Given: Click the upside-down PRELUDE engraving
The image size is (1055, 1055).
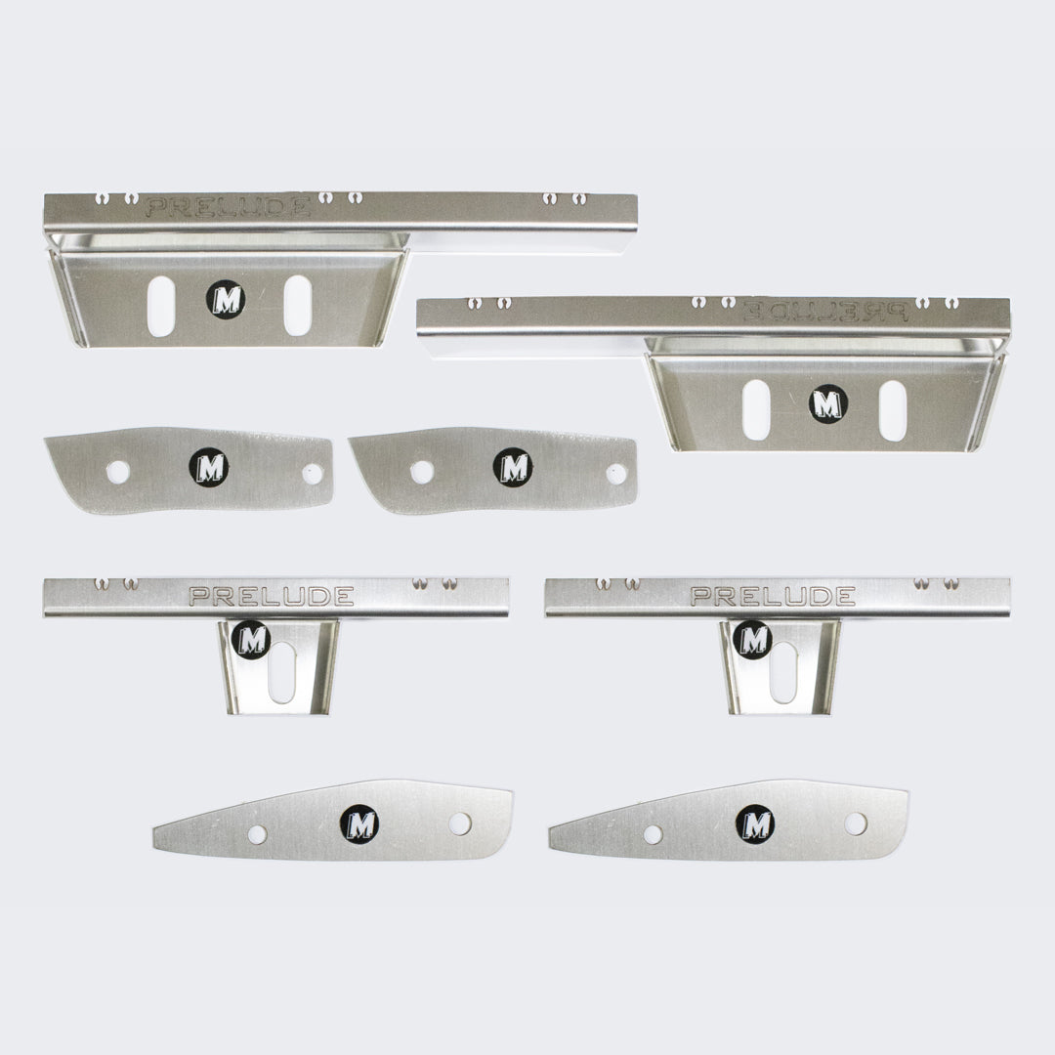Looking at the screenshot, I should [x=826, y=312].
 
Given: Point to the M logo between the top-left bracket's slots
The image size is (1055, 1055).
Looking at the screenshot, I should [x=226, y=299].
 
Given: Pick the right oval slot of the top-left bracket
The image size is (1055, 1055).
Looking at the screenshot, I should [x=297, y=306].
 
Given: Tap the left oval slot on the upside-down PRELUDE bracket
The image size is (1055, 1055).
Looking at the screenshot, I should [x=755, y=409].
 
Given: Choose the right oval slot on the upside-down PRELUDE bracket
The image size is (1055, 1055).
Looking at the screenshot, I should [x=892, y=409].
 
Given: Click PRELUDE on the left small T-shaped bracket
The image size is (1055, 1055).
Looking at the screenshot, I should [x=272, y=596].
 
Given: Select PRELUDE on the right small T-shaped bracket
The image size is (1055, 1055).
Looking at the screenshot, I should [x=773, y=596].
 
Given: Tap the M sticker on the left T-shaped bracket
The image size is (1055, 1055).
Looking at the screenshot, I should [x=252, y=640].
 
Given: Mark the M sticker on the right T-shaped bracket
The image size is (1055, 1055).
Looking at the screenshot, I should [x=752, y=640].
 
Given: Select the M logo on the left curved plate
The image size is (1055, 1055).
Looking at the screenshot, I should [x=208, y=467].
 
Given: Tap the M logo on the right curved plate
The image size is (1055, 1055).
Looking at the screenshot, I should [x=513, y=467].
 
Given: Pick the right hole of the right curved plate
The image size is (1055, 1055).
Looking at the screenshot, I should [x=616, y=474].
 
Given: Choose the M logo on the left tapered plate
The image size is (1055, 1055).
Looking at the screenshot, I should [x=359, y=824].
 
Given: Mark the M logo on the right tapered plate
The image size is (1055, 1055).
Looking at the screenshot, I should [x=754, y=824].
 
